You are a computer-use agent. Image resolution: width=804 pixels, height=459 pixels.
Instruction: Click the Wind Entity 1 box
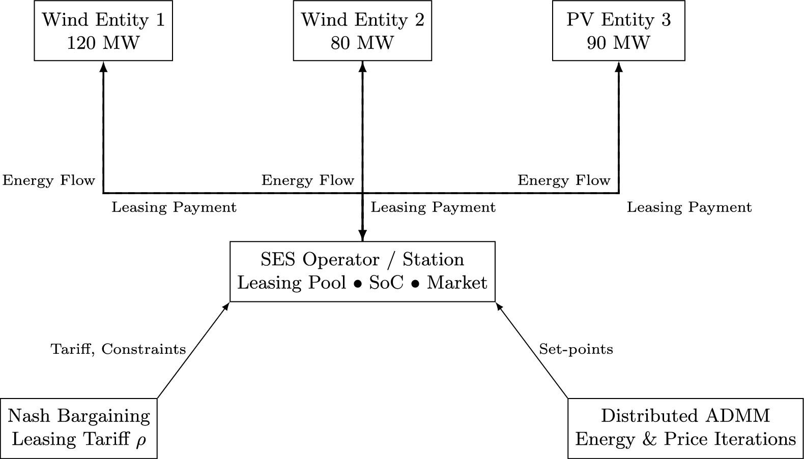pos(103,30)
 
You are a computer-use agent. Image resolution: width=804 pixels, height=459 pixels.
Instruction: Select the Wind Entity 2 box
pos(362,30)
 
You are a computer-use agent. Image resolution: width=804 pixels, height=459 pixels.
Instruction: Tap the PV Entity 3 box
pos(618,30)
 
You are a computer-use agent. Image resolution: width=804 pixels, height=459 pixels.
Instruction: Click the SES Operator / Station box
pos(362,271)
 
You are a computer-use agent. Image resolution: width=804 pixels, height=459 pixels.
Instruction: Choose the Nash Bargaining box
pos(79,428)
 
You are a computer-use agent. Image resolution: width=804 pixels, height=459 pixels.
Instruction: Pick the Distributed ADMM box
pos(685,428)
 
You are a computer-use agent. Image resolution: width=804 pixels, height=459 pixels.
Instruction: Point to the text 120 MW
pos(103,43)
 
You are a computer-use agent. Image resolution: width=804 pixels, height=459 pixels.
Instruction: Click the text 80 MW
pos(362,43)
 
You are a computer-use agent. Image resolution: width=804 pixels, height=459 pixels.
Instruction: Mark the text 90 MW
pos(618,43)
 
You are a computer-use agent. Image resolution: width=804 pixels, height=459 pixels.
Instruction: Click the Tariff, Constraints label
pos(118,349)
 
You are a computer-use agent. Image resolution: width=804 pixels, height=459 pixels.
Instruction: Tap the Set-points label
pos(576,349)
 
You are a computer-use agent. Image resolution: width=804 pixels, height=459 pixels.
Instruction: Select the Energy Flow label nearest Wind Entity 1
pos(49,180)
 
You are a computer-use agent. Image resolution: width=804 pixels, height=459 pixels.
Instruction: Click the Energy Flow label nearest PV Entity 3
pos(564,180)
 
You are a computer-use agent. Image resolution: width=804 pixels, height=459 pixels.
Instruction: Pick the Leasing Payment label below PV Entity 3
pos(689,207)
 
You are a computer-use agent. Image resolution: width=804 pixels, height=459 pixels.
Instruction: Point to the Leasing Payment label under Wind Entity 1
pos(174,207)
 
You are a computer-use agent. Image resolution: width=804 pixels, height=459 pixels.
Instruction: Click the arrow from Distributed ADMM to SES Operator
pos(532,350)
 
